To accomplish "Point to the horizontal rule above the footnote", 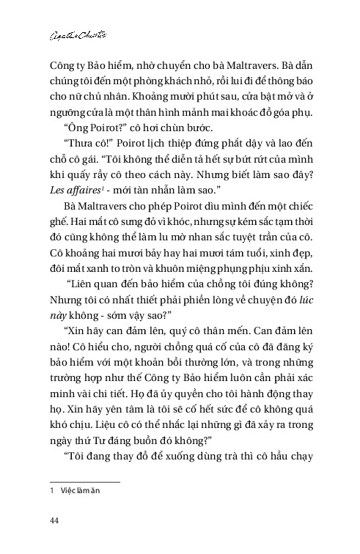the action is pyautogui.click(x=80, y=482).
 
